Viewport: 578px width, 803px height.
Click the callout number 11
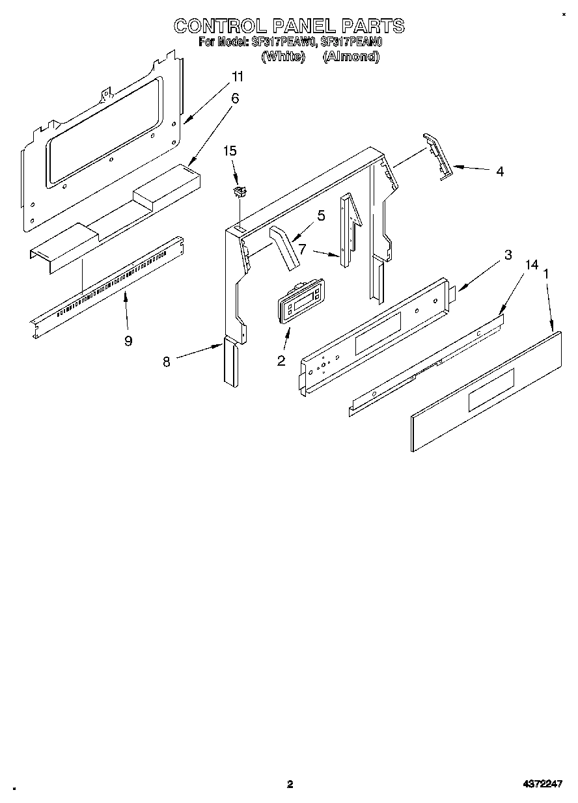coord(238,77)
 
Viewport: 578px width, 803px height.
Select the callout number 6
coord(235,98)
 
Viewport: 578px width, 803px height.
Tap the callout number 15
coord(230,151)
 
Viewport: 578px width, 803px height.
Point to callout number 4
coord(499,172)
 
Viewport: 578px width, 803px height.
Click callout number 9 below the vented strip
coord(128,340)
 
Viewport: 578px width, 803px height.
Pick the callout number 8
coord(167,362)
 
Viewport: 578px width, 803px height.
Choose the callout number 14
coord(532,264)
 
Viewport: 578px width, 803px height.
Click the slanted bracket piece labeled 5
coord(285,247)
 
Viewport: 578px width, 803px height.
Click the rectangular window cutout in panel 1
coord(491,389)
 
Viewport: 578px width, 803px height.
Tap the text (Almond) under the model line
coord(351,57)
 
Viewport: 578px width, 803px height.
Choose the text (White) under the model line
coord(283,57)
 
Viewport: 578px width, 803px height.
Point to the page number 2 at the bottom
coord(290,784)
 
